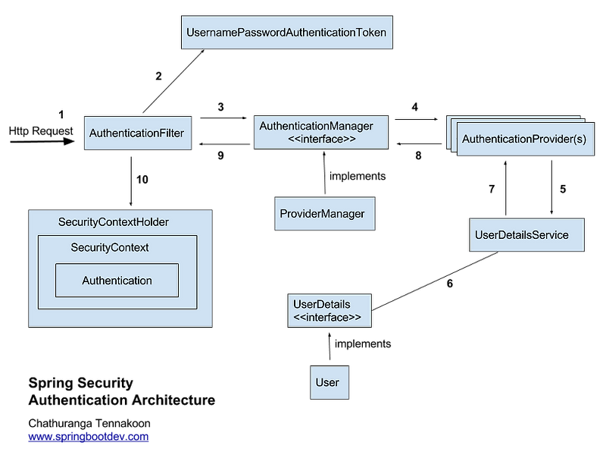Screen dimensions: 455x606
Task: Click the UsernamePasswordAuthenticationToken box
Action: pyautogui.click(x=287, y=33)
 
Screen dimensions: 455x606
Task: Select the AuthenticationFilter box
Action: pyautogui.click(x=136, y=133)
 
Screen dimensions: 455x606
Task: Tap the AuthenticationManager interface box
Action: pyautogui.click(x=322, y=133)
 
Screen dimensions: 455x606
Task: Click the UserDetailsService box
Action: pyautogui.click(x=526, y=235)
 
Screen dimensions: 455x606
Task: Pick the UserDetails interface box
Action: pyautogui.click(x=329, y=311)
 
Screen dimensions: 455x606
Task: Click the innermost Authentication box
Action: pyautogui.click(x=117, y=281)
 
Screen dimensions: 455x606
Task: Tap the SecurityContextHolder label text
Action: pyautogui.click(x=113, y=222)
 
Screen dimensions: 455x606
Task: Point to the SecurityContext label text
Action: pyautogui.click(x=109, y=247)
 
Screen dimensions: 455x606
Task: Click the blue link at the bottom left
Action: pyautogui.click(x=89, y=436)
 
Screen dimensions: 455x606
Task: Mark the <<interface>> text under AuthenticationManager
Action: pyautogui.click(x=322, y=140)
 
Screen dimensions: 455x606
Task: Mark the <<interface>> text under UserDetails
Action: pyautogui.click(x=326, y=318)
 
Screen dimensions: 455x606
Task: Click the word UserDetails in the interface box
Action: pyautogui.click(x=321, y=304)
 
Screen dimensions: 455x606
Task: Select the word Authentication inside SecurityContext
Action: pyautogui.click(x=117, y=281)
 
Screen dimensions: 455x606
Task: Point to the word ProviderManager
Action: pyautogui.click(x=322, y=214)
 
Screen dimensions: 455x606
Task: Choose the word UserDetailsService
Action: pyautogui.click(x=521, y=235)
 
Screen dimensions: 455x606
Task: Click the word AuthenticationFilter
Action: pyautogui.click(x=136, y=133)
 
